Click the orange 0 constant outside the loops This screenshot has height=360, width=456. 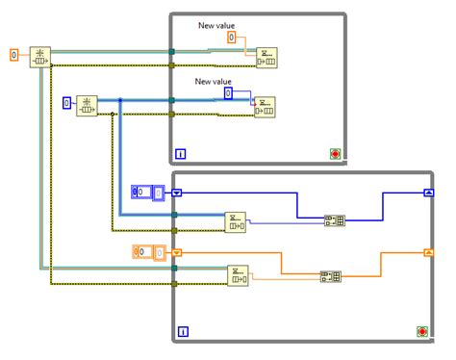coord(13,55)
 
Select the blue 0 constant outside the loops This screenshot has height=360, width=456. coord(67,102)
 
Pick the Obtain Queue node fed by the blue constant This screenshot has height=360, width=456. coord(87,105)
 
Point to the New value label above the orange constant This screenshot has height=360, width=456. coord(216,24)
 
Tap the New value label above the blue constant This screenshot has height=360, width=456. coord(214,82)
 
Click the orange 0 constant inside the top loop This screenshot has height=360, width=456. coord(232,37)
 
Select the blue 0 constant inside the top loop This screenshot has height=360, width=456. coord(228,93)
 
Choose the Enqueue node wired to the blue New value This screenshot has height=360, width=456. coord(265,106)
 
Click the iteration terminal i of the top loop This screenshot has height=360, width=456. coord(181,152)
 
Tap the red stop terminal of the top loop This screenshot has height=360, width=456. coord(333,152)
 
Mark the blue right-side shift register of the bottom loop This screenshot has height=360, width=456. coord(428,193)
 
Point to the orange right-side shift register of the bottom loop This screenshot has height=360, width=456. coord(428,252)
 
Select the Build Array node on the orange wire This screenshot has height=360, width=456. coord(331,276)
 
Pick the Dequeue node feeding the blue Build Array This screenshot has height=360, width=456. coord(235,222)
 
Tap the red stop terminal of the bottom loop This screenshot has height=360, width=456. coord(422,331)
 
